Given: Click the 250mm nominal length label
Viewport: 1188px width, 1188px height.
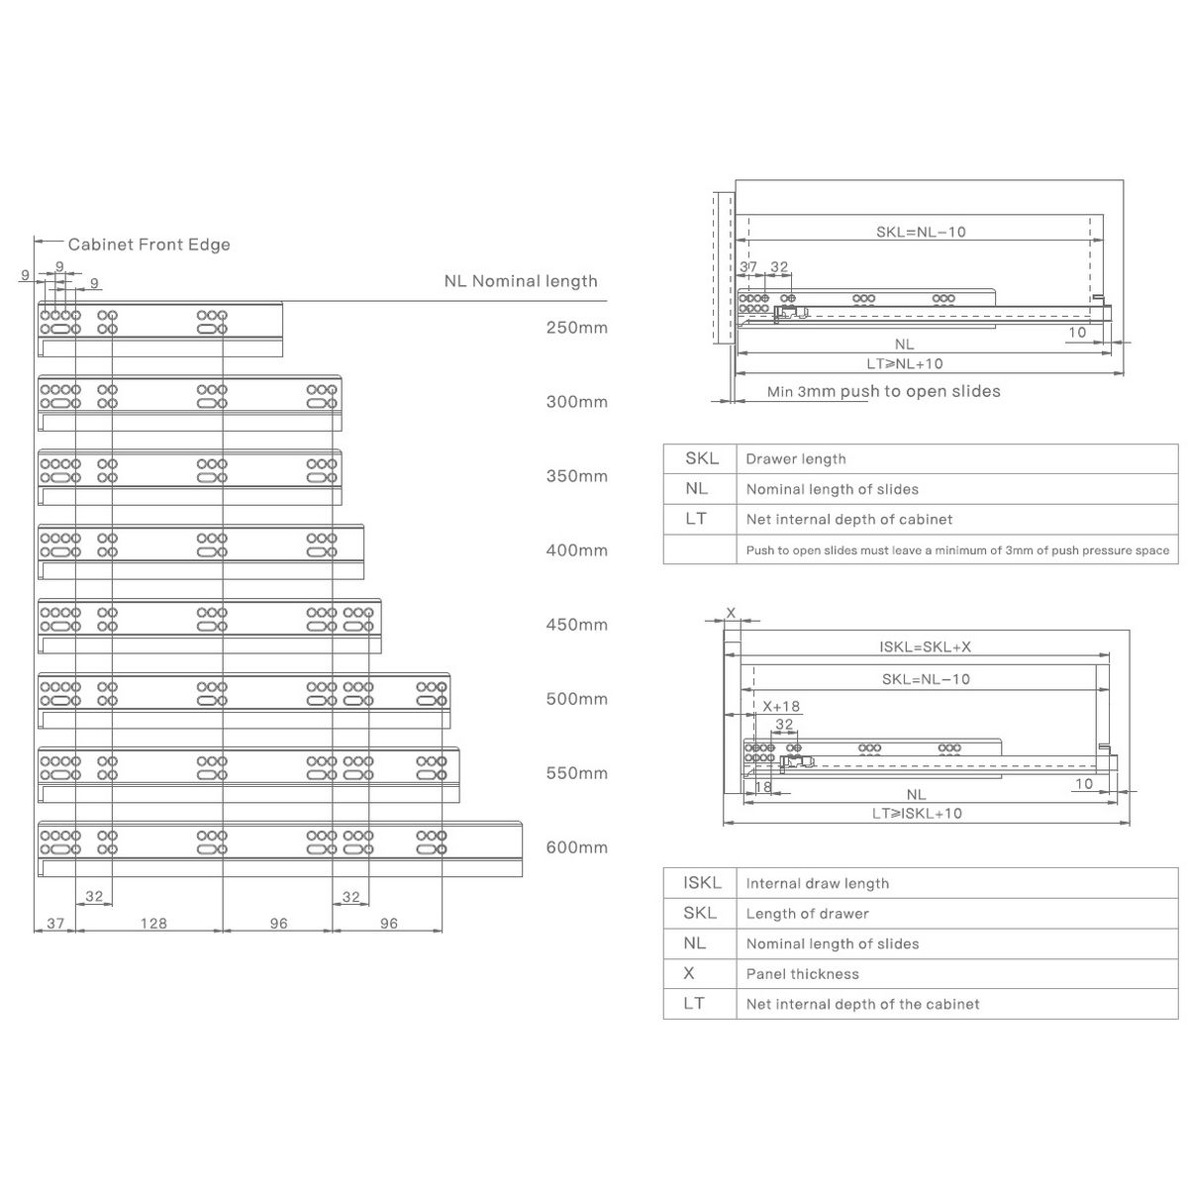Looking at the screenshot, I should (576, 328).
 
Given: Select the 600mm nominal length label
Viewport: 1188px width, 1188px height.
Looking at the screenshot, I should (576, 847).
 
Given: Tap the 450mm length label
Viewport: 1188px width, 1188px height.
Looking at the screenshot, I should (576, 625).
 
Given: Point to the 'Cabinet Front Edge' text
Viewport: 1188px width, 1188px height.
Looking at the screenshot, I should (148, 245).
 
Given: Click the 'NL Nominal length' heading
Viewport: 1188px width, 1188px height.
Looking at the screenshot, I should (520, 281).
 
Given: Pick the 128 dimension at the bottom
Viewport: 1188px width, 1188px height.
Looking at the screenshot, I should (152, 924).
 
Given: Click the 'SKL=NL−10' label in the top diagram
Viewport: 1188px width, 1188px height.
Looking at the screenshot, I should (921, 232).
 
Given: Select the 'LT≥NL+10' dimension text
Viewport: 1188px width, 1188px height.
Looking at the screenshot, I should (905, 363).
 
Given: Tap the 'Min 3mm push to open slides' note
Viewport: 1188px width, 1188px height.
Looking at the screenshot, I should (883, 392).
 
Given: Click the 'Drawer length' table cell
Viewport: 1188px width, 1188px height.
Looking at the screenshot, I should (796, 459).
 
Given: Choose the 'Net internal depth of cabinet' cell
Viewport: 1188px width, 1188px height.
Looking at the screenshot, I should (849, 520).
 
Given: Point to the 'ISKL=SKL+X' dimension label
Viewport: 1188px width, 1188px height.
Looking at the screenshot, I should (926, 647).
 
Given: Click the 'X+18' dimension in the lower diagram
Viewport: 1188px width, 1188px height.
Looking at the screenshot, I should (781, 707).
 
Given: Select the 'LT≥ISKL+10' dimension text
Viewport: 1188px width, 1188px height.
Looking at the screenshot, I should (917, 814).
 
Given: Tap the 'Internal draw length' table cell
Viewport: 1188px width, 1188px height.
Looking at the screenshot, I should (818, 884).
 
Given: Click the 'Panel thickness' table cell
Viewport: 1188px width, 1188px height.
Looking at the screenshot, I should (803, 974).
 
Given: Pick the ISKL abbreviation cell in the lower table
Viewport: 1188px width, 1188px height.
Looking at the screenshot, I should (702, 883).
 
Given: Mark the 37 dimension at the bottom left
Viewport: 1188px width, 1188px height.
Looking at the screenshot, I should (55, 924).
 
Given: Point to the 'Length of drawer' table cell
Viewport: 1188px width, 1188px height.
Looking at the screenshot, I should (807, 914).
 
